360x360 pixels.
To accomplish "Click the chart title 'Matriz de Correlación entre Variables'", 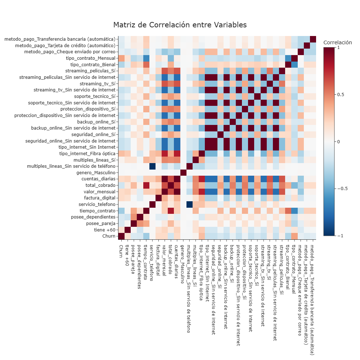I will click(180, 25).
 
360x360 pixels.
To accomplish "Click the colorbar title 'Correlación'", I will click(338, 42).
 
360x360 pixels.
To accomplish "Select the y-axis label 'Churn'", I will click(109, 236).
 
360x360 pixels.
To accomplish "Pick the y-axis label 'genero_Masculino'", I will click(96, 172).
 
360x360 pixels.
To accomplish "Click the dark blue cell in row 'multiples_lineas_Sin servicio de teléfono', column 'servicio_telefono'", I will click(152, 166).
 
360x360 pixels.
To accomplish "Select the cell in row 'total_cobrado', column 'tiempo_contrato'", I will click(146, 185).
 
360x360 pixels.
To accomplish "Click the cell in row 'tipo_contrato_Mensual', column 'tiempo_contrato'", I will click(146, 58).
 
